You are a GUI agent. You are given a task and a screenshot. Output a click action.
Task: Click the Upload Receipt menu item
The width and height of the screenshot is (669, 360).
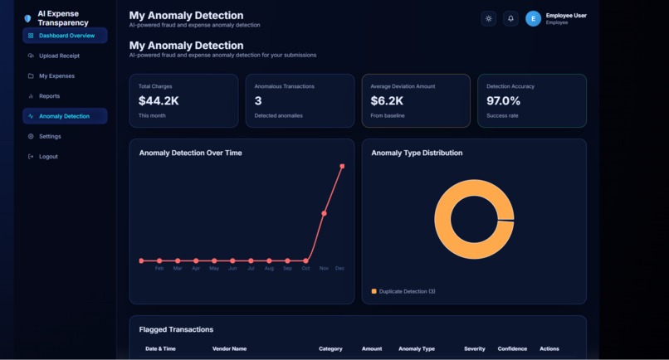point(59,56)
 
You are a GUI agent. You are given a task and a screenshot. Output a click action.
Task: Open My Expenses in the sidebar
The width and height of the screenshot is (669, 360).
point(56,76)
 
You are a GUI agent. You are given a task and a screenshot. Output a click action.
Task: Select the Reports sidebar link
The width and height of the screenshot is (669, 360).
point(49,96)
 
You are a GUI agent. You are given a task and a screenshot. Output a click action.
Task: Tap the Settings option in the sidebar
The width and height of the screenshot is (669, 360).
point(50,136)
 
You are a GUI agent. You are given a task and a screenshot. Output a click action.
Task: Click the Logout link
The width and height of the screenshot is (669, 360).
point(48,157)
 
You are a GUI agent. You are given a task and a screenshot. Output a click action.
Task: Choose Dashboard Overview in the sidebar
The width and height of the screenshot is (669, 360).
point(66,36)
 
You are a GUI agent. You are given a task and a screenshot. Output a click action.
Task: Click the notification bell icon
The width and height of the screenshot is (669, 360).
point(510,18)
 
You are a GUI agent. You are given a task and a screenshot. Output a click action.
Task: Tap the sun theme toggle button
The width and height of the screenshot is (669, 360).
point(489,18)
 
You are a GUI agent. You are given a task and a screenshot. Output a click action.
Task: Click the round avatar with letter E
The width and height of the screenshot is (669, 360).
point(533,18)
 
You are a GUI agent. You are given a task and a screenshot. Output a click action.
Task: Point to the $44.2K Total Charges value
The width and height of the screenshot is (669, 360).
point(159,100)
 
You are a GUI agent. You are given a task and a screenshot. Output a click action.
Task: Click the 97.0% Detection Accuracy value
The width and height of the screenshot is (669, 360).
point(503,100)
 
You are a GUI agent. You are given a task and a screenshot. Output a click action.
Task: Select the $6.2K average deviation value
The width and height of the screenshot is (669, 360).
point(387,100)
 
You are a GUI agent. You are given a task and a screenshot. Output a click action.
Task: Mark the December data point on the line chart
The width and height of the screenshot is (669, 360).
point(342,167)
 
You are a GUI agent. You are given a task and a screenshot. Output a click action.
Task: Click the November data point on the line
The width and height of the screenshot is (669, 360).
point(324,213)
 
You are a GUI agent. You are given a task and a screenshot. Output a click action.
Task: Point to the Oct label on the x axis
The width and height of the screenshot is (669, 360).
point(305,269)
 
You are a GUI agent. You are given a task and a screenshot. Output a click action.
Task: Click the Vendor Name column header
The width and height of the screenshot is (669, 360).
point(229,349)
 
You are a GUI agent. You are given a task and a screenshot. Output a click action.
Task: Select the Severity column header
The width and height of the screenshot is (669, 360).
point(475,349)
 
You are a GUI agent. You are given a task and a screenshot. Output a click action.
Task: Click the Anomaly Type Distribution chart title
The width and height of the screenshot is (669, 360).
point(417,153)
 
